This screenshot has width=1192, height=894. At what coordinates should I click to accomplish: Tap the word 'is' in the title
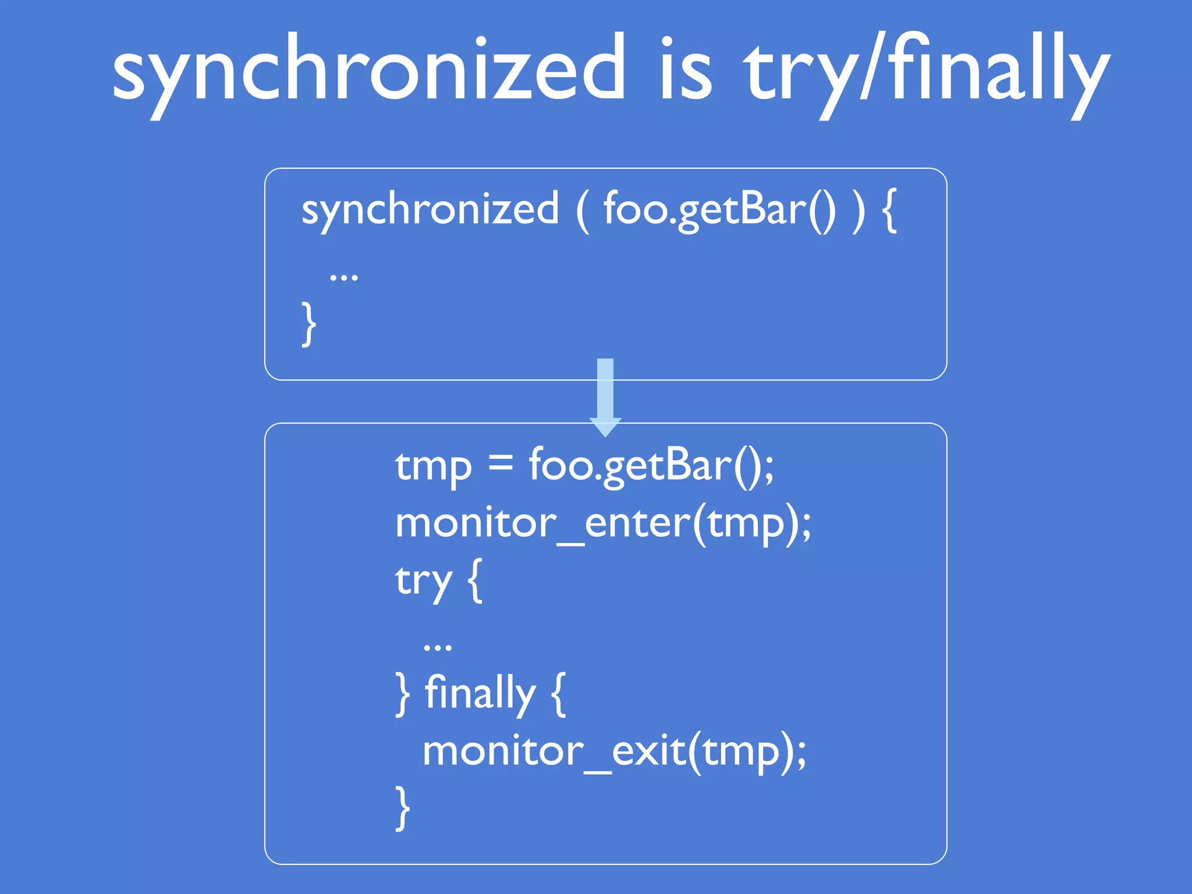click(687, 70)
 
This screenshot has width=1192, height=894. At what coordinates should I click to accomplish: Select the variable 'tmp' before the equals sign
click(433, 467)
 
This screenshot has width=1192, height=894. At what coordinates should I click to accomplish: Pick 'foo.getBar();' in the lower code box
click(651, 467)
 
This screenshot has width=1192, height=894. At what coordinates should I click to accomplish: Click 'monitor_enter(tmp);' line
click(603, 524)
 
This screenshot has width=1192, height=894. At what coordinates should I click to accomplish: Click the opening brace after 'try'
click(475, 581)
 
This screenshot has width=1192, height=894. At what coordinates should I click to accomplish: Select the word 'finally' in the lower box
click(480, 694)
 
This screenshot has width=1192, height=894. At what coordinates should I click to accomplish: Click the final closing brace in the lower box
click(402, 807)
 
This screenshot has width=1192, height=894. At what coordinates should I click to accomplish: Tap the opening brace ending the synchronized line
click(889, 211)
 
